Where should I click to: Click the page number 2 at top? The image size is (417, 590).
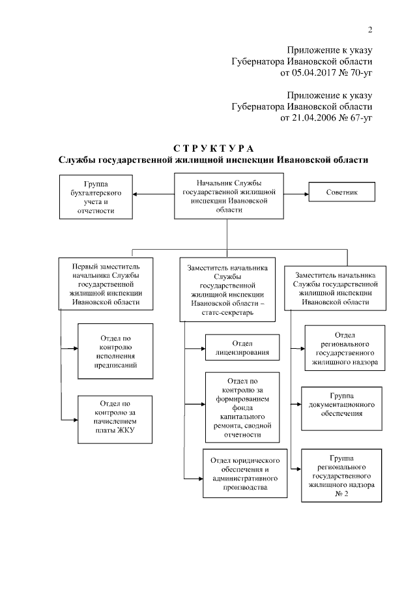(369, 29)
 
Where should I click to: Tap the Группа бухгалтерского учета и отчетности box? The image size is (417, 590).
(96, 198)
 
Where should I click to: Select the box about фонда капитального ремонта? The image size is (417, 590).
(237, 407)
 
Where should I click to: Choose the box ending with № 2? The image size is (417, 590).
(342, 477)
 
